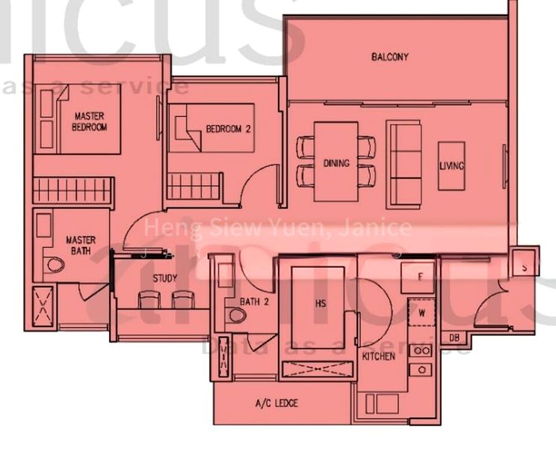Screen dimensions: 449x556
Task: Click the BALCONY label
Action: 389,57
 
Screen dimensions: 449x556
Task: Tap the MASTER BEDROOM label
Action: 89,121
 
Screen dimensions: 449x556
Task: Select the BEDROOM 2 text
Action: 228,129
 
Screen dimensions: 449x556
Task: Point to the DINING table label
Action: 336,162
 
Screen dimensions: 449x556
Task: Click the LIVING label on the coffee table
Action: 451,166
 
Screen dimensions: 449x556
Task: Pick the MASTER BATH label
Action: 80,245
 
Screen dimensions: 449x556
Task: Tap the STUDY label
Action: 164,278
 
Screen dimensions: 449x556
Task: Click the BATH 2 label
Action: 254,302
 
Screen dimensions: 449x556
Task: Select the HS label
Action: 321,303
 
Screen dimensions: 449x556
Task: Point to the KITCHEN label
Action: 378,356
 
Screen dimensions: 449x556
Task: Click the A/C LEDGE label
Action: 277,403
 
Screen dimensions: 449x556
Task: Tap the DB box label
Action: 454,337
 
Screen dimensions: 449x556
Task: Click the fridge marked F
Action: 420,277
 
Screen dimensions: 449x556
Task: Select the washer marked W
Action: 421,313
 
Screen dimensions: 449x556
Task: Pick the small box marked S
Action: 525,266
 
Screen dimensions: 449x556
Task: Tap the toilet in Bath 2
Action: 237,315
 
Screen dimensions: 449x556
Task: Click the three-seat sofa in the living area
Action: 404,165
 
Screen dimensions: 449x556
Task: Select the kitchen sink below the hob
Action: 422,370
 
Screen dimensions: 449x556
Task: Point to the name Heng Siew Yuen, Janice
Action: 277,227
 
